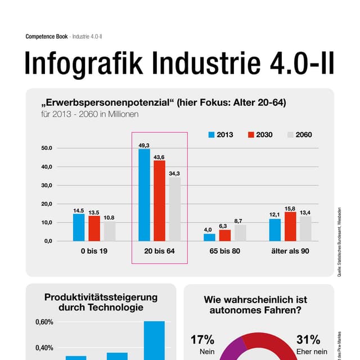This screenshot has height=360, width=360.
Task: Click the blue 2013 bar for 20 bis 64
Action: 145,195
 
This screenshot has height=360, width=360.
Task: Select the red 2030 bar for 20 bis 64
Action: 159,200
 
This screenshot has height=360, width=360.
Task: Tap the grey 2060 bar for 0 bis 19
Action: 109,231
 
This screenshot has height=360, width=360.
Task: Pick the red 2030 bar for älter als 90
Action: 290,226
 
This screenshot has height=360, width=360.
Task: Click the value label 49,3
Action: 144,145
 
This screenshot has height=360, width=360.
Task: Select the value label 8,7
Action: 238,221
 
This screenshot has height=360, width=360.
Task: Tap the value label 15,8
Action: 290,209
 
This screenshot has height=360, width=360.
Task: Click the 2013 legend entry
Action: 220,135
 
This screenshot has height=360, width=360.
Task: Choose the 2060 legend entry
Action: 299,135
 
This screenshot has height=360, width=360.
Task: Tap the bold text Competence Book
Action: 47,37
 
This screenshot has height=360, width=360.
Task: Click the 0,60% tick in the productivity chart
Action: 44,322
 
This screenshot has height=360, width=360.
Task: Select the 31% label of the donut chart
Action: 308,340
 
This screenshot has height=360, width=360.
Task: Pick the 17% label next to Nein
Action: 202,340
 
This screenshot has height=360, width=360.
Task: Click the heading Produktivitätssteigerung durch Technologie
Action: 101,302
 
